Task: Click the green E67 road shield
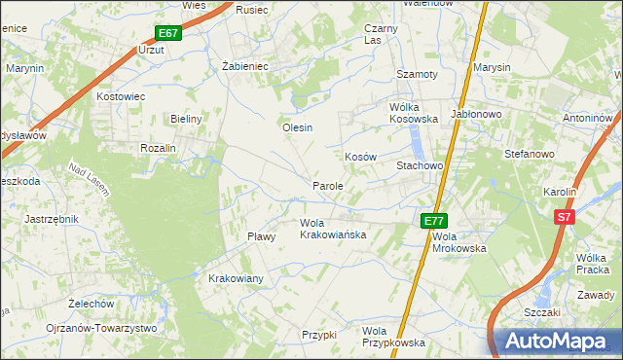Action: pos(168,33)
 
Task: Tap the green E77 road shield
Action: pos(433,222)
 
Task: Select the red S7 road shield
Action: pos(563,218)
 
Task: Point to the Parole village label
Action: pos(327,185)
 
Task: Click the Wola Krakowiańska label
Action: pos(332,229)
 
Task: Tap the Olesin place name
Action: pos(297,127)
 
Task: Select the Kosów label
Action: pos(360,157)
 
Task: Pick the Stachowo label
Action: pos(420,166)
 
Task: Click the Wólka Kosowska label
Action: pos(414,113)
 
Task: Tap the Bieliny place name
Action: pos(185,119)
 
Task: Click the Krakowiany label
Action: pos(237,278)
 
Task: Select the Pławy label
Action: pos(262,236)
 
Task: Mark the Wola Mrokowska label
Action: pos(458,241)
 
